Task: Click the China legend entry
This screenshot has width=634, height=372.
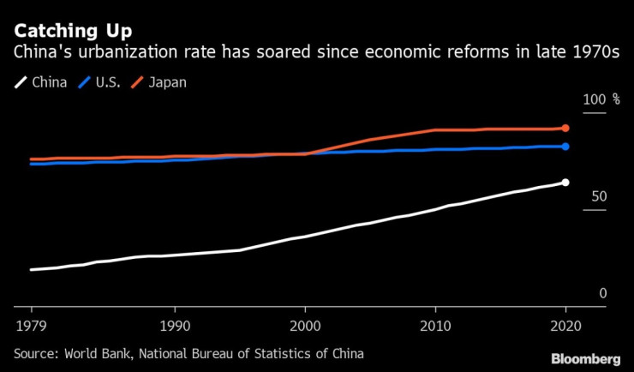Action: pos(43,83)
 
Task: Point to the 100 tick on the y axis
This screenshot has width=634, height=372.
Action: pos(593,101)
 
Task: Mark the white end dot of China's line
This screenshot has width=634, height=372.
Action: pos(565,183)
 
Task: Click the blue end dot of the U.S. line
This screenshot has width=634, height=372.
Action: pos(565,147)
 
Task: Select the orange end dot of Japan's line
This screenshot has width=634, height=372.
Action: pos(565,129)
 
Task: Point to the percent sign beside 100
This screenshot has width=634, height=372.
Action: pos(615,101)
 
